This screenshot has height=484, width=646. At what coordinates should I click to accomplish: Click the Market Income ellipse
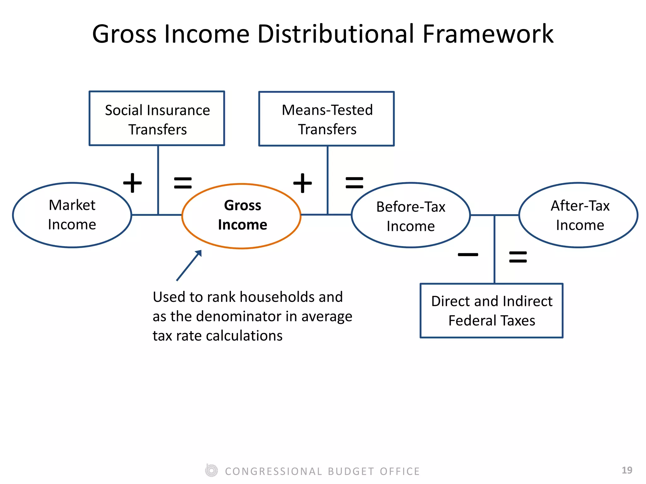72,215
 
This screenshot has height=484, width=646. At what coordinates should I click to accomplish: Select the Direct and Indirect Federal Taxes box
491,311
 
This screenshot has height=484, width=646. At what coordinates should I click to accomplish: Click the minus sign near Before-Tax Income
468,255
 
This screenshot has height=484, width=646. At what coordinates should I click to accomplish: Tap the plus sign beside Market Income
132,183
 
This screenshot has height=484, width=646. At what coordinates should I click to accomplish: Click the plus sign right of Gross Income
302,183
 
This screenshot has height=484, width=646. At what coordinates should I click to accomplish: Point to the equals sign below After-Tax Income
518,257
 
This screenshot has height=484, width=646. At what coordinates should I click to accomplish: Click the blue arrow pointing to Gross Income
189,266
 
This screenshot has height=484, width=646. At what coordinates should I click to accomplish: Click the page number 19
627,470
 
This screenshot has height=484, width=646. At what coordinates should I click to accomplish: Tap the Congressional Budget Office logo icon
211,471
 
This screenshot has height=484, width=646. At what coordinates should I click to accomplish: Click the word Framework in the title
488,34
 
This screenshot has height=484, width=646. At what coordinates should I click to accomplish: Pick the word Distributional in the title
335,34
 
